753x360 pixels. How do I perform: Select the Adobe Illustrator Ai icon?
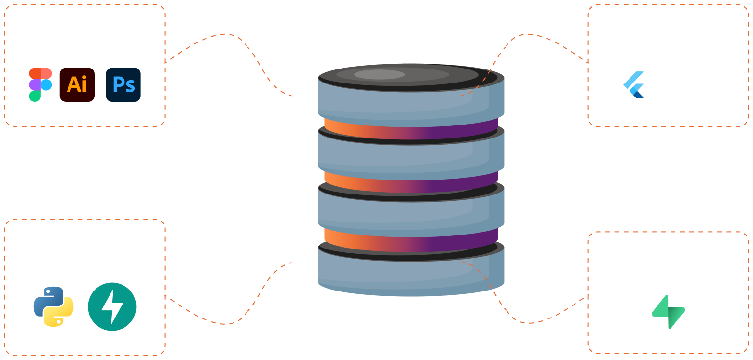pyautogui.click(x=77, y=84)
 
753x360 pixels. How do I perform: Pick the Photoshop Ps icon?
pyautogui.click(x=123, y=84)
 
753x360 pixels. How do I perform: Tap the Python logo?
pyautogui.click(x=54, y=306)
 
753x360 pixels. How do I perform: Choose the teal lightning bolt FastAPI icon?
pyautogui.click(x=112, y=306)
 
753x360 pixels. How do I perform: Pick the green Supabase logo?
pyautogui.click(x=668, y=312)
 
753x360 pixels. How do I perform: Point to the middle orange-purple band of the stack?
pyautogui.click(x=410, y=181)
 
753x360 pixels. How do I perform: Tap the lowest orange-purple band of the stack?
pyautogui.click(x=410, y=240)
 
